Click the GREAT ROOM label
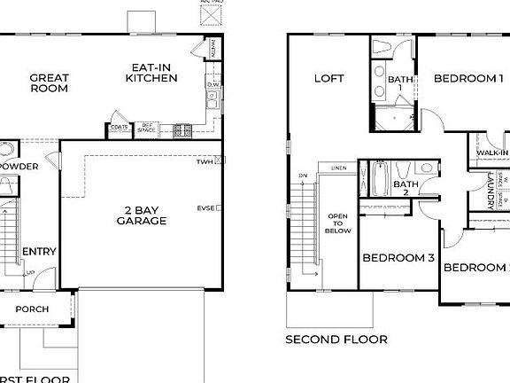click(x=50, y=83)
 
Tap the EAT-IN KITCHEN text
click(x=151, y=73)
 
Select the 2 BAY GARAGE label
click(x=141, y=215)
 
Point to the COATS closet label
click(x=120, y=126)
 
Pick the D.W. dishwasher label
click(x=212, y=85)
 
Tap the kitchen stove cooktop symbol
click(x=182, y=129)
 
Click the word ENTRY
click(x=38, y=252)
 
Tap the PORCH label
click(x=32, y=309)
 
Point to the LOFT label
click(x=328, y=79)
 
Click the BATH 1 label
click(x=400, y=84)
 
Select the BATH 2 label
click(x=400, y=187)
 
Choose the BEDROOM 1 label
click(x=467, y=79)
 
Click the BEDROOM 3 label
click(x=398, y=258)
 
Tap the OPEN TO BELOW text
click(x=338, y=223)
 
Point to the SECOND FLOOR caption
click(x=336, y=340)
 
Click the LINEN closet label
click(x=338, y=168)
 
